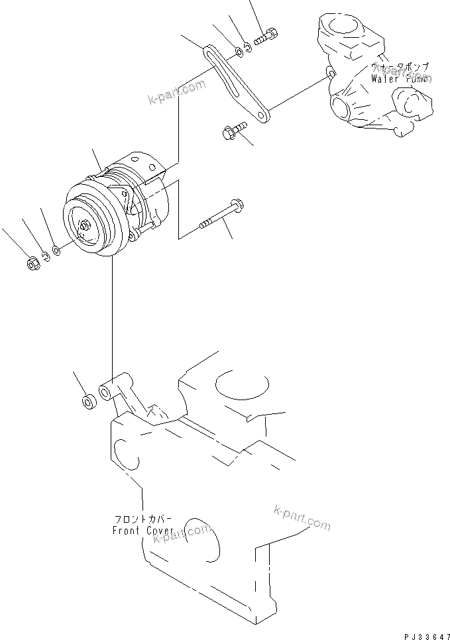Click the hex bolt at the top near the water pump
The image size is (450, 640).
click(x=266, y=36)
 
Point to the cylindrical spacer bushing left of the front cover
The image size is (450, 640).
click(x=87, y=403)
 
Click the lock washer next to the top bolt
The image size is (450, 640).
click(x=247, y=46)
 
